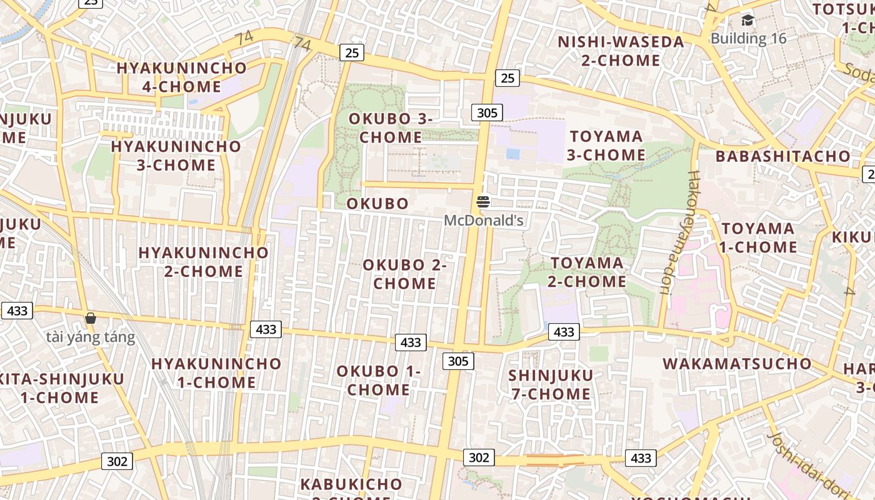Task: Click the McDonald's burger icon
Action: click(x=483, y=202)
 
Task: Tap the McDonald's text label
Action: click(x=483, y=221)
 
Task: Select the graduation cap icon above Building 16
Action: click(x=747, y=21)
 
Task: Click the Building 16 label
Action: click(x=748, y=38)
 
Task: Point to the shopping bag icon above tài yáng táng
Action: click(x=91, y=318)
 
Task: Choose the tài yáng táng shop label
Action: click(x=91, y=337)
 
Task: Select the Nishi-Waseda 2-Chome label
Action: click(x=621, y=51)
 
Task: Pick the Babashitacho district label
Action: click(x=782, y=156)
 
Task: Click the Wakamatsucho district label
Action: click(x=737, y=364)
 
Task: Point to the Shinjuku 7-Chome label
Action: click(x=550, y=384)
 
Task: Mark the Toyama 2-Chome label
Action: click(x=587, y=272)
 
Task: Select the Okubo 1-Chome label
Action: click(x=379, y=380)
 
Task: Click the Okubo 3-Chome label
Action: click(x=391, y=127)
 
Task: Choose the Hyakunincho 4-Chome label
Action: click(x=181, y=77)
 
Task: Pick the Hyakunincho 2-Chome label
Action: click(x=203, y=262)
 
